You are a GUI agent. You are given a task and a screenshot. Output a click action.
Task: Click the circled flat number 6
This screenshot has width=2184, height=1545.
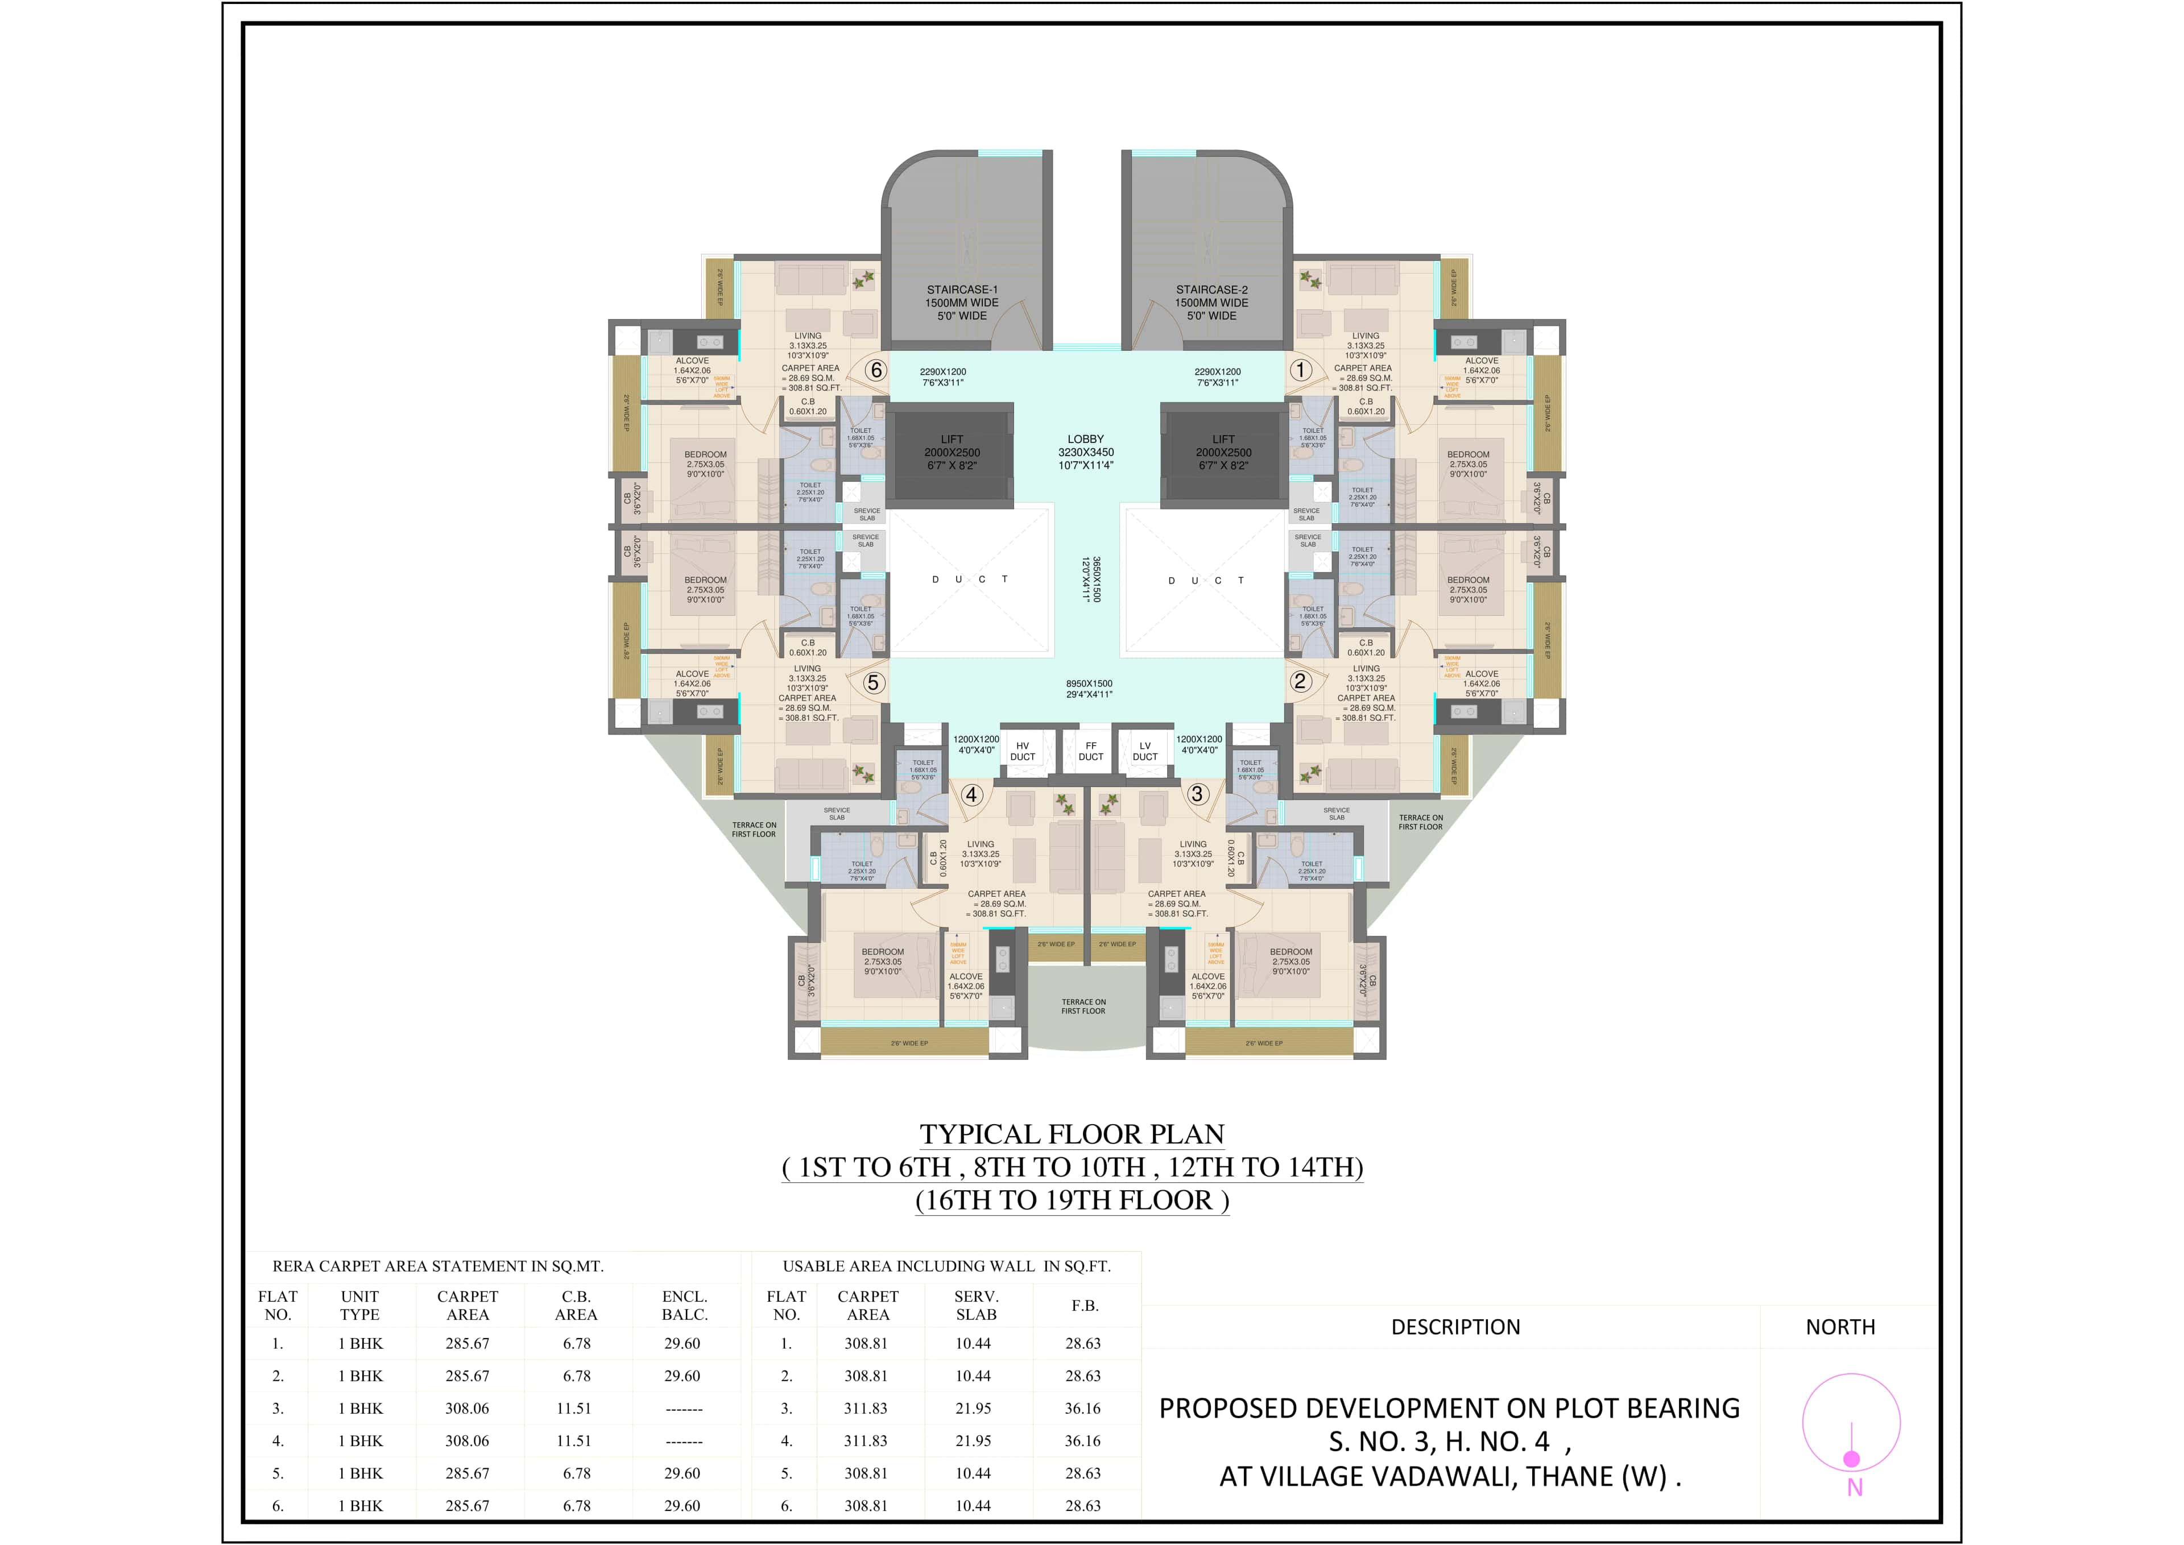coord(875,370)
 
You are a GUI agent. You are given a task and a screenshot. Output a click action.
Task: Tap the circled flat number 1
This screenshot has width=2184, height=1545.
coord(1300,369)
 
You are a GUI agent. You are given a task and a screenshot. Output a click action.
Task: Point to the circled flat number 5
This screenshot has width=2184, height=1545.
coord(872,682)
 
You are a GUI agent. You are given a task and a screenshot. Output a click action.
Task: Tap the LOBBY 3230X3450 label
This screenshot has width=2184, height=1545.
coord(1086,452)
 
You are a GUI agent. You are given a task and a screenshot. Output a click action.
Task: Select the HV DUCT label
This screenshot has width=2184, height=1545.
coord(1022,752)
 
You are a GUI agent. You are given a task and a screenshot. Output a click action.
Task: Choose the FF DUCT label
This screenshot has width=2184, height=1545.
coord(1090,752)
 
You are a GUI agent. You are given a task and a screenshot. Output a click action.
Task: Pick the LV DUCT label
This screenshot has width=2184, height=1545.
coord(1145,752)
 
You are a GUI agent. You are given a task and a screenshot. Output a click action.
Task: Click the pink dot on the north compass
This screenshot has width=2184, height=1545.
coord(1851,1459)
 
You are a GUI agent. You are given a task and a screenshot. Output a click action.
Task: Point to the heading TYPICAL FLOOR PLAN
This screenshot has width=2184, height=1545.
coord(1072,1134)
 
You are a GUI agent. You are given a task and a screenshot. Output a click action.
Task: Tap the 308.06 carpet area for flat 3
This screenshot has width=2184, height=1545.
coord(468,1408)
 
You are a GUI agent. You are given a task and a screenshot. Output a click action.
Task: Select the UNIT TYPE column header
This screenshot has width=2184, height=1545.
coord(359,1305)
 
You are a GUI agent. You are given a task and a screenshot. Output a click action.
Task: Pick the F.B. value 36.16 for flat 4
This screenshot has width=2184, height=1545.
coord(1083,1440)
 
